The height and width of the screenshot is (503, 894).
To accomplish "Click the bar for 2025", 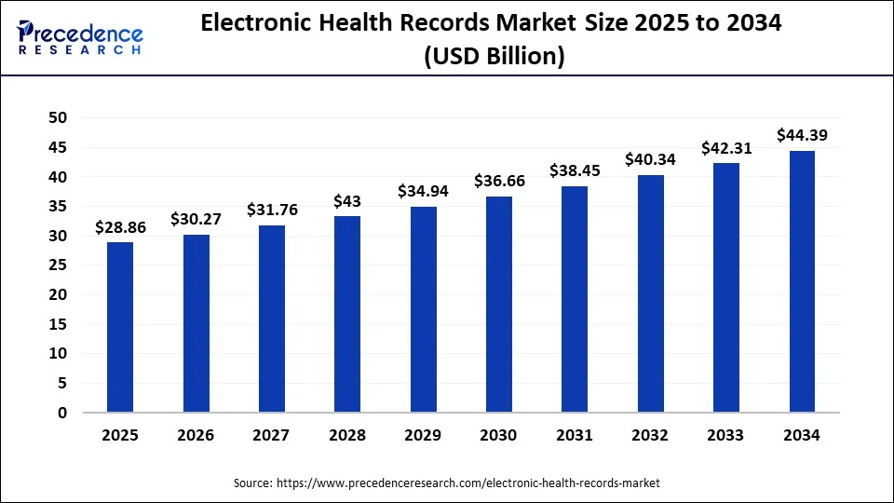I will [120, 327].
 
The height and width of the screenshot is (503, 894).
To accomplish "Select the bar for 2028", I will [347, 314].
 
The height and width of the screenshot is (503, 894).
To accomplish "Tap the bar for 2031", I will [575, 299].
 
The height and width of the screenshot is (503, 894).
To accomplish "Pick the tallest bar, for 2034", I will [802, 281].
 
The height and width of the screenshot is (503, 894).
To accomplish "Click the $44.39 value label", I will [802, 136].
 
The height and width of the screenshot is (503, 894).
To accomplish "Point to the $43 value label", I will [347, 201].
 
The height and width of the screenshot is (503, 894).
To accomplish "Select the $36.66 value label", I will [499, 181].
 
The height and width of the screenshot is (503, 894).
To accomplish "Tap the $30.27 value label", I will [196, 219].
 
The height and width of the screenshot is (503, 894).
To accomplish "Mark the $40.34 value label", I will [650, 159].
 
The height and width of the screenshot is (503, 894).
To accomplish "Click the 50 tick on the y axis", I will [59, 117].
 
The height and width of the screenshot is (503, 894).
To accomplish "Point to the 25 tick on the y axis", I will [59, 265].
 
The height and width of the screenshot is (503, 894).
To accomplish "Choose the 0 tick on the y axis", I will [62, 413].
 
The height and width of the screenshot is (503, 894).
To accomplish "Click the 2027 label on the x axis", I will [272, 435].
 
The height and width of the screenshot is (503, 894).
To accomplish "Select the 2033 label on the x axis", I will [726, 435].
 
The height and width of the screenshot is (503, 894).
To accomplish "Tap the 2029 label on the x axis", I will [423, 435].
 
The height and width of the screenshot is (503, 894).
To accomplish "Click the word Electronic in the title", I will [251, 25].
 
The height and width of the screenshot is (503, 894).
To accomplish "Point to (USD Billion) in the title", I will [494, 57].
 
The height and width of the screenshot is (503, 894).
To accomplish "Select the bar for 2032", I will [650, 293].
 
